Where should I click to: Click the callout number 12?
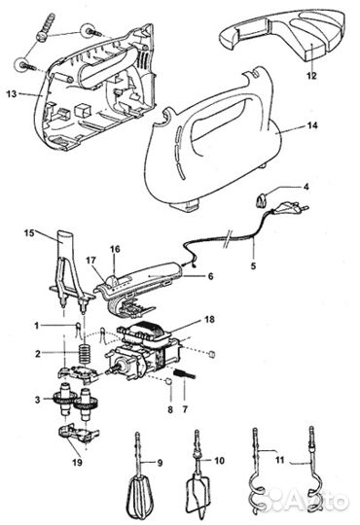point(311,76)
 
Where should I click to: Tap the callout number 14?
point(312,125)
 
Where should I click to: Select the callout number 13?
point(12,94)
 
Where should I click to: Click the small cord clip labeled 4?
point(261,201)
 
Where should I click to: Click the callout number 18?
point(209,320)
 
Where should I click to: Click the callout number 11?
point(279,460)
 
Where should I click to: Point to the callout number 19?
point(77,463)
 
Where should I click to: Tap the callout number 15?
point(29,232)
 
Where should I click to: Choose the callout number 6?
point(210,276)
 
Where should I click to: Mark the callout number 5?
point(253,266)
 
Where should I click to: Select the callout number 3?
point(37,400)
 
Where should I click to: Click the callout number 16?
point(115,250)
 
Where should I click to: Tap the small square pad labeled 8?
point(169,381)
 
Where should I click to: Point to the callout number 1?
point(37,326)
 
